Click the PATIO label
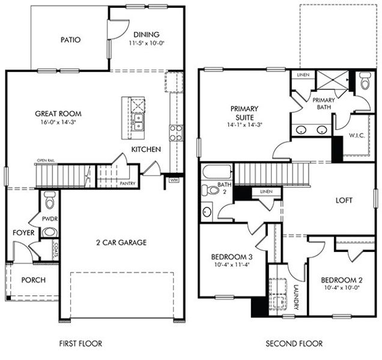[x=70, y=40]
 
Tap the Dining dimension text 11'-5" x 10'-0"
[x=147, y=44]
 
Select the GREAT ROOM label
[x=58, y=113]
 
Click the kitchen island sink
[x=138, y=122]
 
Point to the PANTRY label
[x=127, y=184]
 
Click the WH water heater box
[x=174, y=179]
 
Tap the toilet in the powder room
[x=49, y=199]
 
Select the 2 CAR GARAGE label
[x=121, y=242]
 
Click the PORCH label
[x=33, y=280]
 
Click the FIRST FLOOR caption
[x=80, y=344]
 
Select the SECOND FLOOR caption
[x=294, y=344]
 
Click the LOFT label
[x=344, y=200]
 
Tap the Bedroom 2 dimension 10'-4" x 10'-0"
[x=339, y=288]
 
